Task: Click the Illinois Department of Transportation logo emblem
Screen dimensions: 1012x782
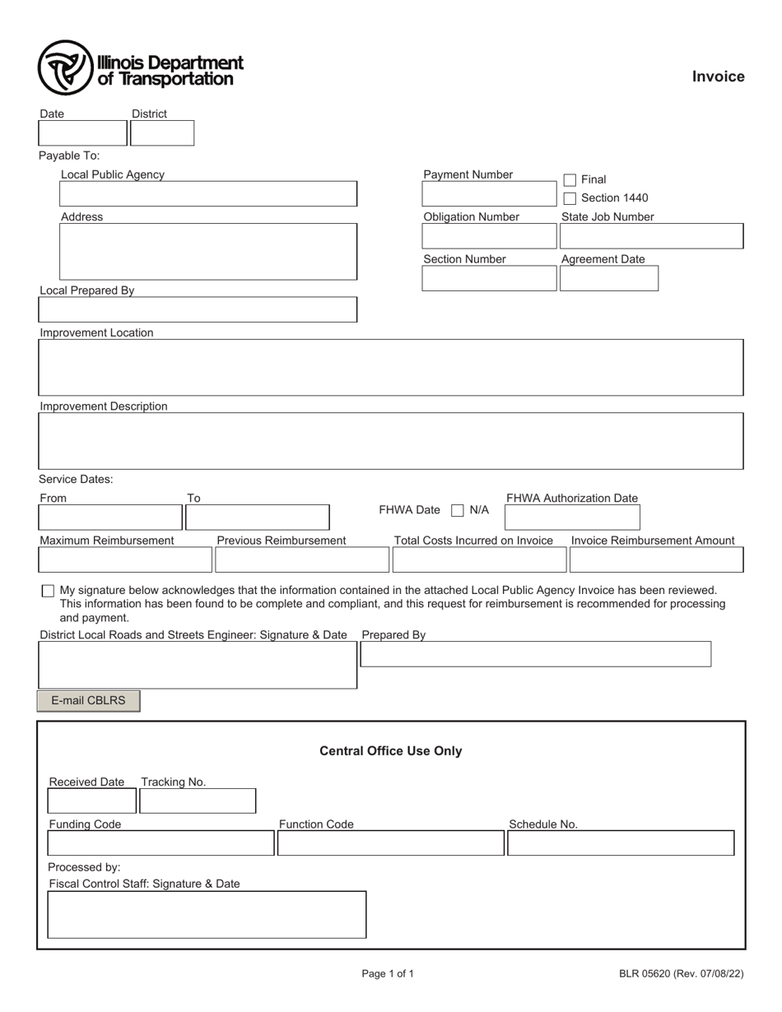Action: pyautogui.click(x=65, y=67)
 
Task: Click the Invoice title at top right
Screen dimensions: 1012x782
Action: pyautogui.click(x=718, y=77)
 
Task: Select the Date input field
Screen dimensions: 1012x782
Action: pyautogui.click(x=82, y=133)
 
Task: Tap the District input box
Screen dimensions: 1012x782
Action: pyautogui.click(x=162, y=133)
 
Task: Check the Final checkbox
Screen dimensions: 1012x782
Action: pyautogui.click(x=570, y=179)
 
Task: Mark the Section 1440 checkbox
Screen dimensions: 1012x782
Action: pyautogui.click(x=570, y=198)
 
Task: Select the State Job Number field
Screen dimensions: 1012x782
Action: pyautogui.click(x=651, y=236)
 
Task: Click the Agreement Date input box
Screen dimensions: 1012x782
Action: pyautogui.click(x=609, y=279)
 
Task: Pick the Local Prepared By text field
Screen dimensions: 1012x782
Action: pyautogui.click(x=198, y=309)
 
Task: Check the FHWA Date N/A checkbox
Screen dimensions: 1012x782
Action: pyautogui.click(x=458, y=510)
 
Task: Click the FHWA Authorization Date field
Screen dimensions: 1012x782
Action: pyautogui.click(x=572, y=518)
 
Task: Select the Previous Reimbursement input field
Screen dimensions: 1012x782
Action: pyautogui.click(x=301, y=559)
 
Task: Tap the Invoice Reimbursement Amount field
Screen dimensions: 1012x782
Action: pyautogui.click(x=656, y=559)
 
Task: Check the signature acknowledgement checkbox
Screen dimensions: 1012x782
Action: pyautogui.click(x=48, y=591)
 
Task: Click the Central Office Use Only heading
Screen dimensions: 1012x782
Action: pyautogui.click(x=390, y=751)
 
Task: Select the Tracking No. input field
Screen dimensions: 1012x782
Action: pyautogui.click(x=198, y=801)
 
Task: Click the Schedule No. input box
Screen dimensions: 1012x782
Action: pyautogui.click(x=621, y=843)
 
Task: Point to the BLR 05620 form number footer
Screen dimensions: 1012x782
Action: pyautogui.click(x=682, y=974)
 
